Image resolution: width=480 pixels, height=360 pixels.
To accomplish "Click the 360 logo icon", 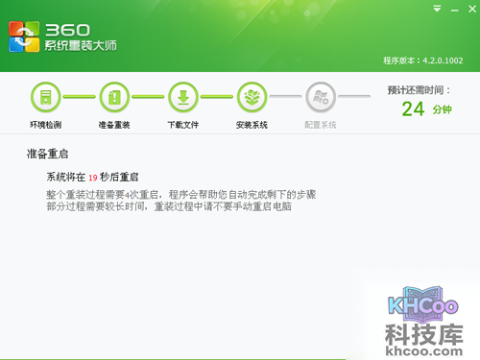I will coord(25,36).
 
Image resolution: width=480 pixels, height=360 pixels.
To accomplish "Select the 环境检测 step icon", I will coord(44,97).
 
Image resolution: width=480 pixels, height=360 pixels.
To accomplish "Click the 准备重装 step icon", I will coord(113,97).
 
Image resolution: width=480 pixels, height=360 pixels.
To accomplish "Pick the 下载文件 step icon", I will coord(182,97).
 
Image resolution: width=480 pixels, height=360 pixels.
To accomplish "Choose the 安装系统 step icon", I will coord(252,97).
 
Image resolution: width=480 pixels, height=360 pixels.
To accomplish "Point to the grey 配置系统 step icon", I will coord(321,97).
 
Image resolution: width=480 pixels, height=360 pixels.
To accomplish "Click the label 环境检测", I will coord(44,126).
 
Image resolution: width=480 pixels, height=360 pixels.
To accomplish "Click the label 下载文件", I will coord(182,126).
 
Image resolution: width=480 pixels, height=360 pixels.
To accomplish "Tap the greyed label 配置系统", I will coord(321,126).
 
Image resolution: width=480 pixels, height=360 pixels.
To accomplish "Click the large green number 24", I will coord(414,108).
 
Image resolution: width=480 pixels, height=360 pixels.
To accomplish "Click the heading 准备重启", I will coord(47,154).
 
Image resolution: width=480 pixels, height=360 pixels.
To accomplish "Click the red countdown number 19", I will coord(93,178).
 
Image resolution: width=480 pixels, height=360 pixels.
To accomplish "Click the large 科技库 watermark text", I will coord(422,336).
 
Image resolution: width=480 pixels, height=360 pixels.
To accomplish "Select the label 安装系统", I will coord(252,126).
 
